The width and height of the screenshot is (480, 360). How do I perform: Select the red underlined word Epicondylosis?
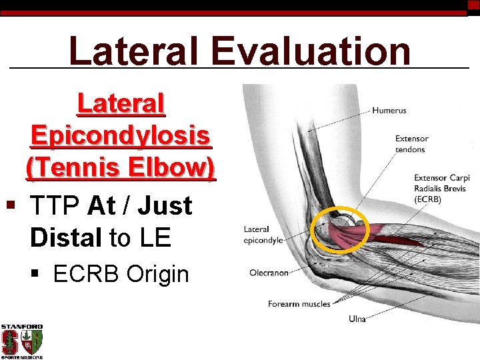point(121,135)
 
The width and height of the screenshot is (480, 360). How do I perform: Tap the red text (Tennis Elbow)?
point(121,167)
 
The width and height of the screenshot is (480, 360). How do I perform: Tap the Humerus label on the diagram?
point(389,110)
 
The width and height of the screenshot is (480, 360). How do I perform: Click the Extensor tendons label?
point(411,144)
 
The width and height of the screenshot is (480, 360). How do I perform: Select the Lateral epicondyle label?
point(263,234)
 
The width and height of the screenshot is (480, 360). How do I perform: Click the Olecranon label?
point(269,273)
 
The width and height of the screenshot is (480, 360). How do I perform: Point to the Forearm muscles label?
point(299,304)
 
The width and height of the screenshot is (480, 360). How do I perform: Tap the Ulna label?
point(357,319)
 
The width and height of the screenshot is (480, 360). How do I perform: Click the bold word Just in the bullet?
point(165,205)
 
